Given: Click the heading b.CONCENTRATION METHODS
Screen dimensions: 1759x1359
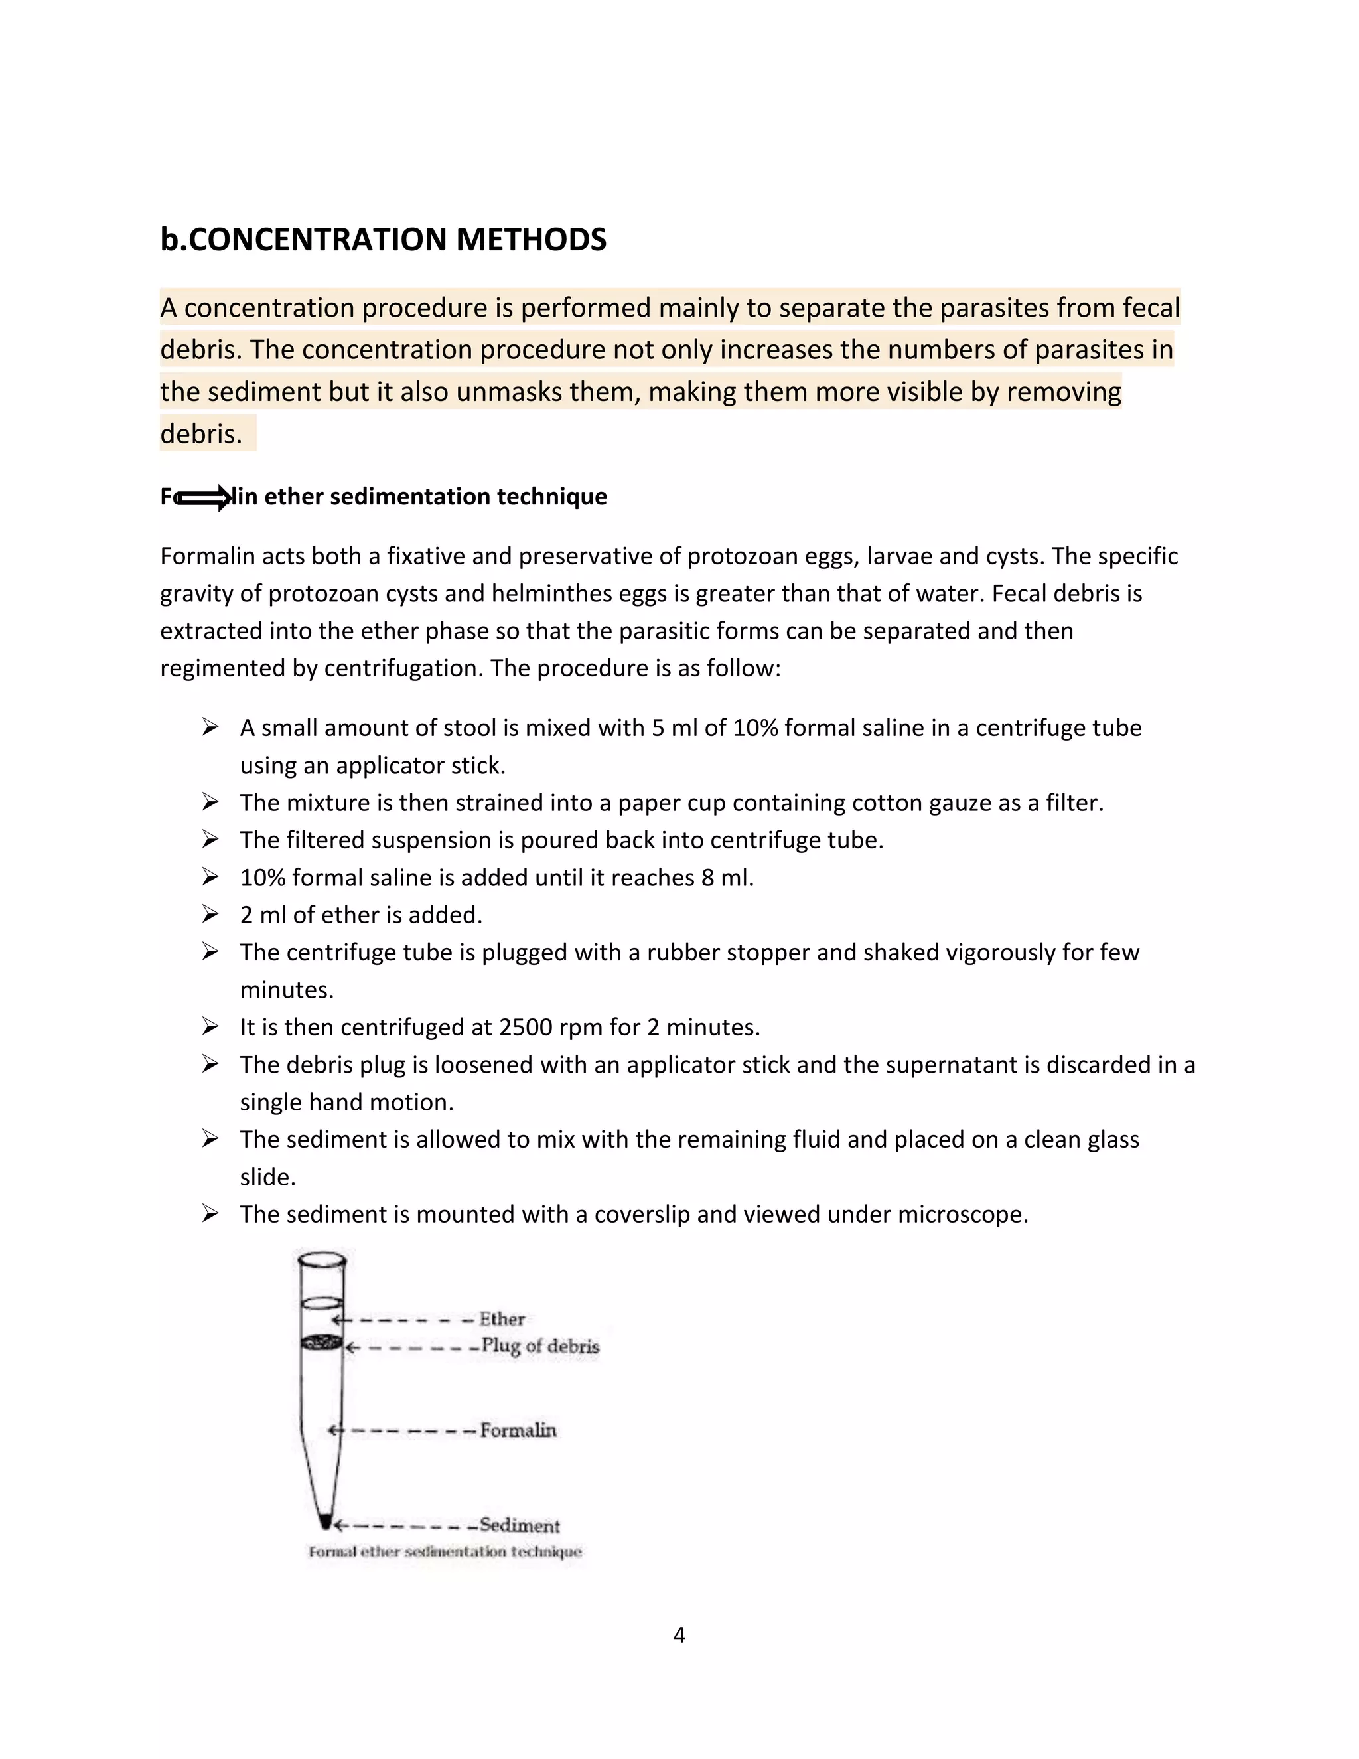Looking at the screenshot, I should tap(384, 240).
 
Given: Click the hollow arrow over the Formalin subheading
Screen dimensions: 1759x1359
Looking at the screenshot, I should tap(204, 498).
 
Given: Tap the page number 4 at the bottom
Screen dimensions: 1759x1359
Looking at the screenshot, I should tap(679, 1635).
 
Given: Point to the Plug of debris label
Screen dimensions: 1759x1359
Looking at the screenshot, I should tap(540, 1346).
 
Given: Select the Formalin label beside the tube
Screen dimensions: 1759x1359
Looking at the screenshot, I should tap(518, 1430).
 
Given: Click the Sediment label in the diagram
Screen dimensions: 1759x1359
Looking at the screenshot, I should tap(520, 1525).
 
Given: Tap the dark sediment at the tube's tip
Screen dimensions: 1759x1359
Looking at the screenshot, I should tap(325, 1521).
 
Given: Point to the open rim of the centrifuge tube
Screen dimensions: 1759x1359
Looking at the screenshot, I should tap(321, 1258).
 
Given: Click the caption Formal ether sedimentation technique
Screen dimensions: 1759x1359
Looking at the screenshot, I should tap(445, 1551).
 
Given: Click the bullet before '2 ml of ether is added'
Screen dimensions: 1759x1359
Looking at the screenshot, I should tap(210, 914).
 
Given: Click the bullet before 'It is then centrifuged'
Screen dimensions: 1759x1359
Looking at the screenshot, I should tap(210, 1026).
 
